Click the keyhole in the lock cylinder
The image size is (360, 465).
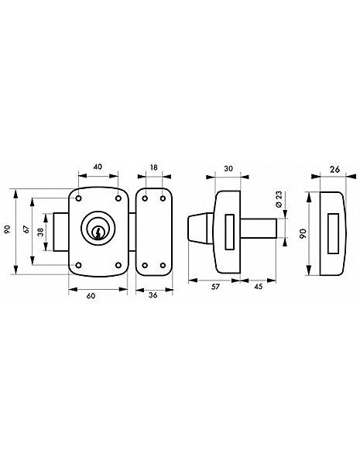click(98, 232)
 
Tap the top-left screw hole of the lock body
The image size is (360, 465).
click(78, 198)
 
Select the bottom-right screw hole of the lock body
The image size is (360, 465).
click(118, 265)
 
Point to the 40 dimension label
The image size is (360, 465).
click(98, 167)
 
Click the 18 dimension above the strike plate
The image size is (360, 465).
click(154, 167)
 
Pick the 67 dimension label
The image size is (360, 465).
click(26, 229)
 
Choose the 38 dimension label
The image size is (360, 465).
click(40, 232)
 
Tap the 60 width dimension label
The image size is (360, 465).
click(91, 296)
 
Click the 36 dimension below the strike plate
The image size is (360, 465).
click(153, 295)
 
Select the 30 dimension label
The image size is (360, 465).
click(228, 168)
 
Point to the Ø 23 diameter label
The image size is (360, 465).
click(279, 200)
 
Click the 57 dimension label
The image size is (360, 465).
click(216, 287)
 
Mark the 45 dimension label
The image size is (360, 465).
click(259, 287)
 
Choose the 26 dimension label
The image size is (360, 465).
click(334, 169)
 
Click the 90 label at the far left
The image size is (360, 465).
click(8, 229)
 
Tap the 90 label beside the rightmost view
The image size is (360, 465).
click(303, 233)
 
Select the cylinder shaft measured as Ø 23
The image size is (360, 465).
click(259, 228)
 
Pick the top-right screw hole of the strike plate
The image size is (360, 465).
click(163, 198)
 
